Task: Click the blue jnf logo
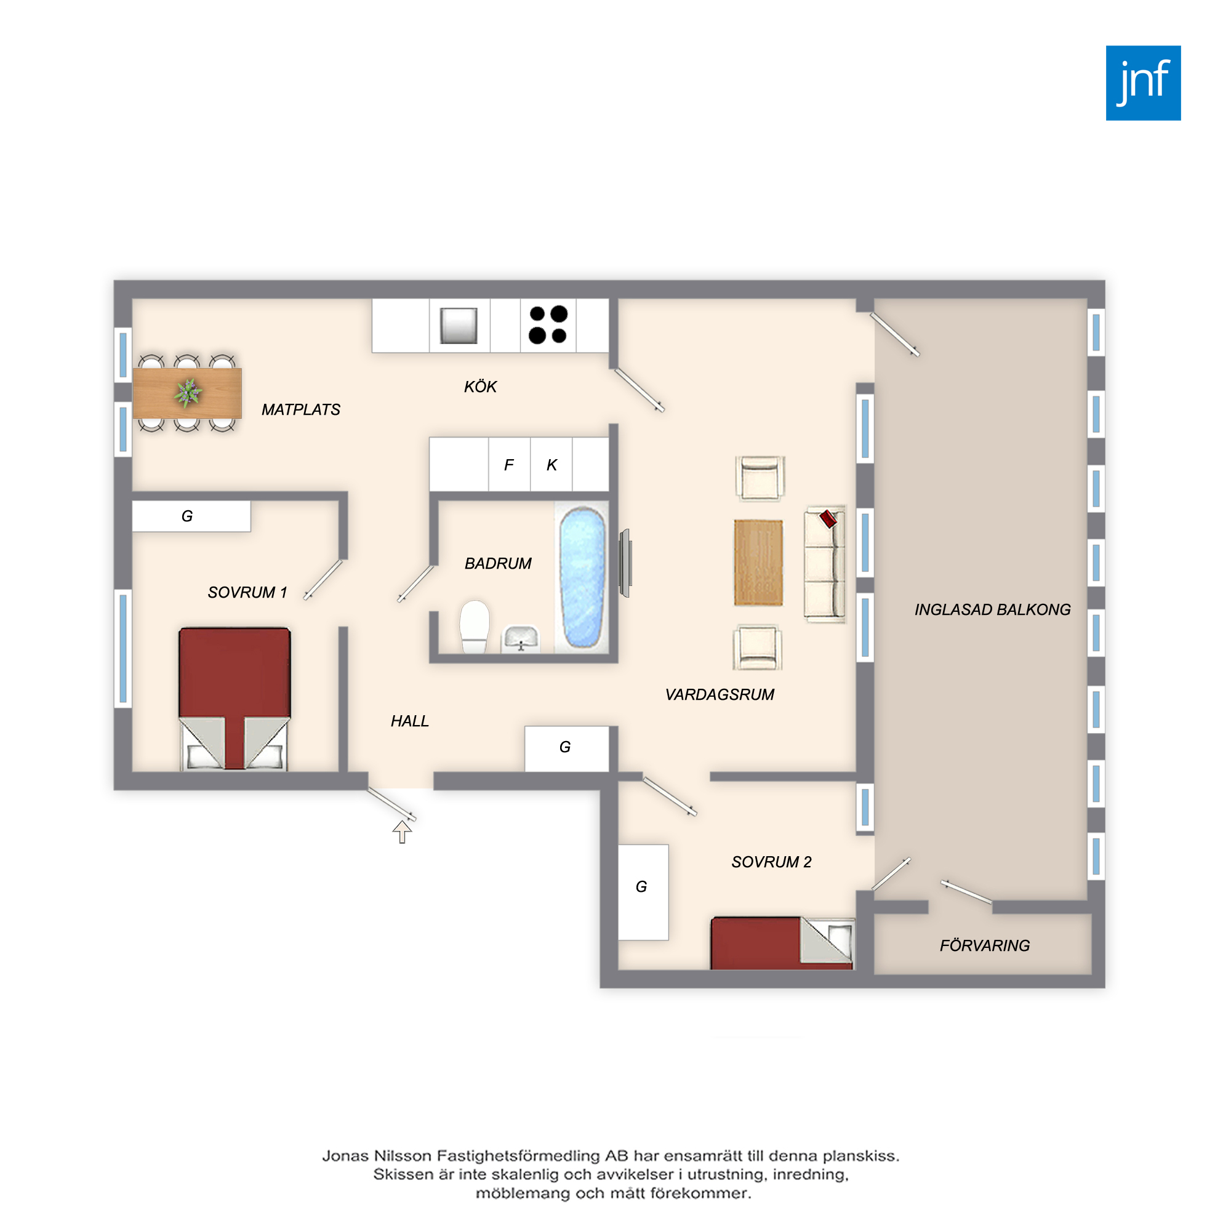coord(1143,83)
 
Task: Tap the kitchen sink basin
coord(459,326)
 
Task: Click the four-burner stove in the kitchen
coord(548,325)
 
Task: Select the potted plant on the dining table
coord(188,393)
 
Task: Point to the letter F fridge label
coord(508,465)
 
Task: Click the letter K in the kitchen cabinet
coord(551,465)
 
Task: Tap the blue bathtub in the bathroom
coord(582,577)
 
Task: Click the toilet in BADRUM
coord(475,627)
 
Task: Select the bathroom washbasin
coord(521,639)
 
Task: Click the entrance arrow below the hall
coord(402,832)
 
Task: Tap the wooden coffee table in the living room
coord(758,563)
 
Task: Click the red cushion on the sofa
coord(828,519)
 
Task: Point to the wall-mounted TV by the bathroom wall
coord(626,563)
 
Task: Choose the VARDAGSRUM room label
coord(720,694)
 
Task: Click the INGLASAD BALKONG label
coord(993,610)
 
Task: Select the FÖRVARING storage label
coord(984,945)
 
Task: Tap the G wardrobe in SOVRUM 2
coord(643,892)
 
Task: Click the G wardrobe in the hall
coord(566,748)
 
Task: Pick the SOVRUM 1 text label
coord(247,593)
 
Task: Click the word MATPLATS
coord(301,410)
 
